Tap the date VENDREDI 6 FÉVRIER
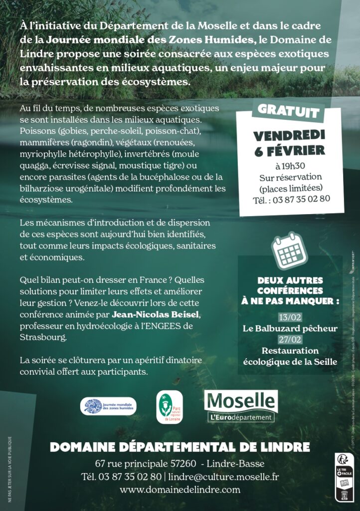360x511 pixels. click(x=289, y=143)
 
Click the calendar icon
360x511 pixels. click(x=290, y=249)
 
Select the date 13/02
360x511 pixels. click(x=290, y=317)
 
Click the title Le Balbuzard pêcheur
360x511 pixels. click(x=290, y=328)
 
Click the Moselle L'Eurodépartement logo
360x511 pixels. click(x=241, y=406)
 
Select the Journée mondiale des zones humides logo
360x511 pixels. click(x=108, y=406)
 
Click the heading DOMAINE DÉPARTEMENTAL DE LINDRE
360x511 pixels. click(x=180, y=447)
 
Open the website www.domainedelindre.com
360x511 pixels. click(x=180, y=490)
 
